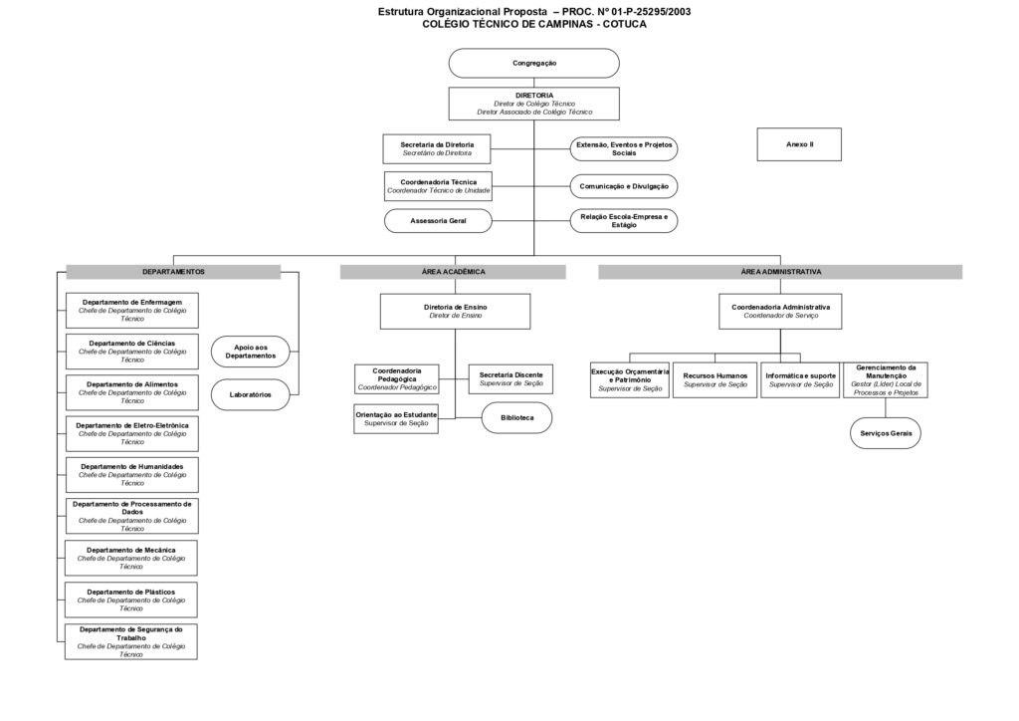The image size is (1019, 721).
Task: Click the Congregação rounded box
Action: point(533,63)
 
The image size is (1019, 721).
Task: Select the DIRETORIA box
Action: point(533,104)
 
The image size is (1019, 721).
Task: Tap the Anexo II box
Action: point(799,144)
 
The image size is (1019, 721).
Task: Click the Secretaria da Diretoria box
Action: point(437,149)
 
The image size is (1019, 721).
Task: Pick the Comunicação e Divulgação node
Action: point(624,186)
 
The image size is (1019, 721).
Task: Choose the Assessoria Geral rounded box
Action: point(438,221)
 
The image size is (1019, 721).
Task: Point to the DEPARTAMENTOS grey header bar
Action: point(173,272)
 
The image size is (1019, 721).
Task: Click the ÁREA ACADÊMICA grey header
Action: point(453,272)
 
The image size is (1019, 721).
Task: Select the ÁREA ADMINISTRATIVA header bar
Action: point(780,272)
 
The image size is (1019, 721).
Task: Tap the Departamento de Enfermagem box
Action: point(132,310)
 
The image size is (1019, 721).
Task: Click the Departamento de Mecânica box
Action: point(130,558)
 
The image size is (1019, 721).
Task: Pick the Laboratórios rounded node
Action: point(250,394)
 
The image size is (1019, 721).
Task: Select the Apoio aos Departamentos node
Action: point(250,352)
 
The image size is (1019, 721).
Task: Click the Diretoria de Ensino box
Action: point(455,312)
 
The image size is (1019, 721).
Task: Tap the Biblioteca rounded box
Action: point(516,418)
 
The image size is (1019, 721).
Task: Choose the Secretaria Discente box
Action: point(510,379)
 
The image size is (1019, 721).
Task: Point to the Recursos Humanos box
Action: point(714,380)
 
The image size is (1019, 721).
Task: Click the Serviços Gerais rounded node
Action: point(886,433)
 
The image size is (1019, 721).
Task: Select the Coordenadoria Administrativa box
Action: point(780,312)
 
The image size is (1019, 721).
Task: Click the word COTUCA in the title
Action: point(625,25)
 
